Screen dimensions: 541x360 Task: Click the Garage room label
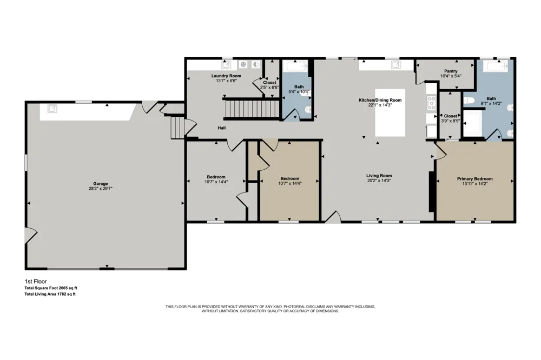[x=101, y=184]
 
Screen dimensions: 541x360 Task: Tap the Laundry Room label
[x=226, y=76]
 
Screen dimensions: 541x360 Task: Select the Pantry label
[x=451, y=71]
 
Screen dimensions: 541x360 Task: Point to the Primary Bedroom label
[x=475, y=178]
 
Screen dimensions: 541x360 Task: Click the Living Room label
[x=379, y=176]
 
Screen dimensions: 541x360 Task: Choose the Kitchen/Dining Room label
[x=380, y=100]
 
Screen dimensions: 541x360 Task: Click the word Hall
[x=221, y=128]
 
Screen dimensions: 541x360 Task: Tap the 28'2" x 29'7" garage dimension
[x=101, y=189]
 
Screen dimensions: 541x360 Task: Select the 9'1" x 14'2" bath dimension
[x=491, y=103]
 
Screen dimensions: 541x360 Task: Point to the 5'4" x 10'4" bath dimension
[x=299, y=92]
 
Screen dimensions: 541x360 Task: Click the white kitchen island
[x=390, y=113]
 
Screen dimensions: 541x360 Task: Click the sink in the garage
[x=52, y=109]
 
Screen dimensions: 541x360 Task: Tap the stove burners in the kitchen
[x=431, y=103]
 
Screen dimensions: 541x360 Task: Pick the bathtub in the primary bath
[x=496, y=65]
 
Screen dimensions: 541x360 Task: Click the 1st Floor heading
[x=36, y=282]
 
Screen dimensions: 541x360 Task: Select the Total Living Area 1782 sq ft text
[x=50, y=294]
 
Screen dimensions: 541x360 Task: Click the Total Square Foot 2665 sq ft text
[x=51, y=288]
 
